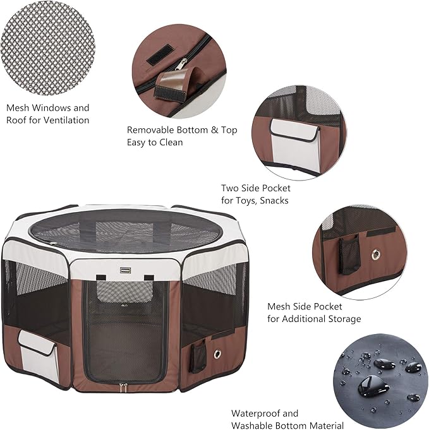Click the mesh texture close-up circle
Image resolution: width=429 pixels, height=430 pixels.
point(47,47)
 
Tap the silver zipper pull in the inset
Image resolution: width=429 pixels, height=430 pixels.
point(182,64)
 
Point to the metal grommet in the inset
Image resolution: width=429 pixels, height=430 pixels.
point(377,255)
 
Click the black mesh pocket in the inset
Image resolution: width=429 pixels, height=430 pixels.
point(349,254)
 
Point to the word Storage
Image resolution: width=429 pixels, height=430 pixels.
point(341,319)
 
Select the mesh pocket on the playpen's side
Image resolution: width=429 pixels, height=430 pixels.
point(199,357)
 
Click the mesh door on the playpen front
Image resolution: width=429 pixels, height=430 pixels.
point(125,328)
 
